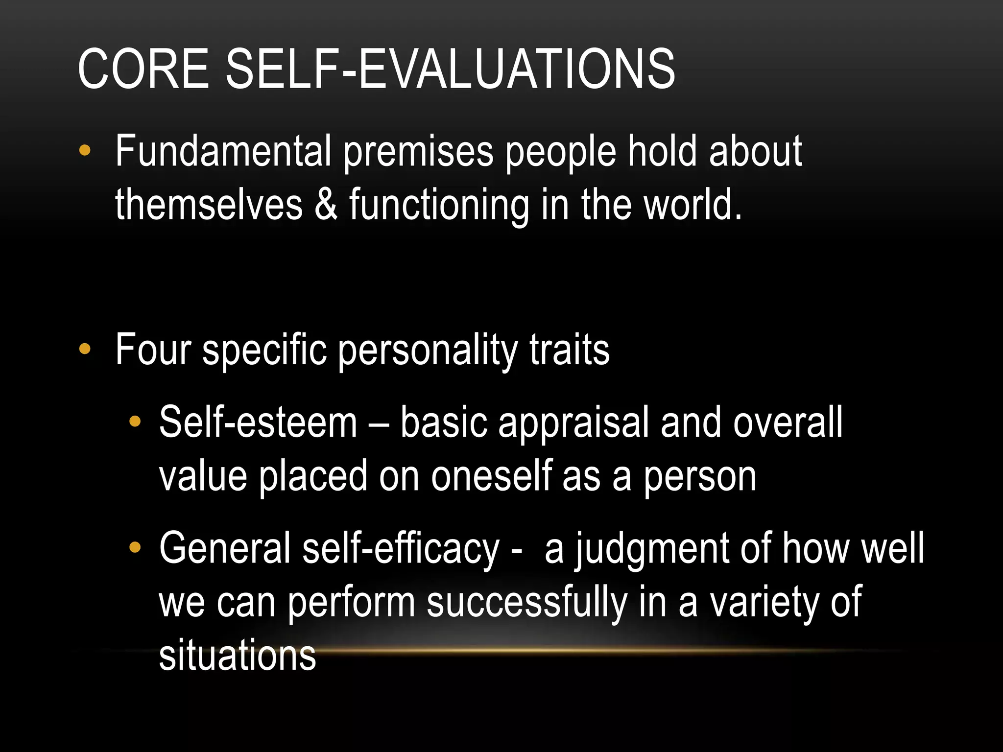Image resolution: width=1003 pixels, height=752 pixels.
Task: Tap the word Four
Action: (x=153, y=350)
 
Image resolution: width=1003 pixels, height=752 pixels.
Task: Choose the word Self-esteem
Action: (x=258, y=423)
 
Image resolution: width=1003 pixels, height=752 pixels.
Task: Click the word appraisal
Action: (x=573, y=424)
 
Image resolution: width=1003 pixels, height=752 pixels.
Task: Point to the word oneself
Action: (x=490, y=476)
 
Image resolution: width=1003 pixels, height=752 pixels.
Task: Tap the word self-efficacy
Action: (x=400, y=549)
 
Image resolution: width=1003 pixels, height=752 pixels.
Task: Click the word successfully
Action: (x=527, y=603)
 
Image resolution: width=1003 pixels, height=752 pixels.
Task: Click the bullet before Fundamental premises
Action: (x=85, y=150)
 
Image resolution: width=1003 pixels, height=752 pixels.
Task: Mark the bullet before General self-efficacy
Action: (x=135, y=547)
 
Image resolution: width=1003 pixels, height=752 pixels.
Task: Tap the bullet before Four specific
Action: (x=85, y=349)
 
